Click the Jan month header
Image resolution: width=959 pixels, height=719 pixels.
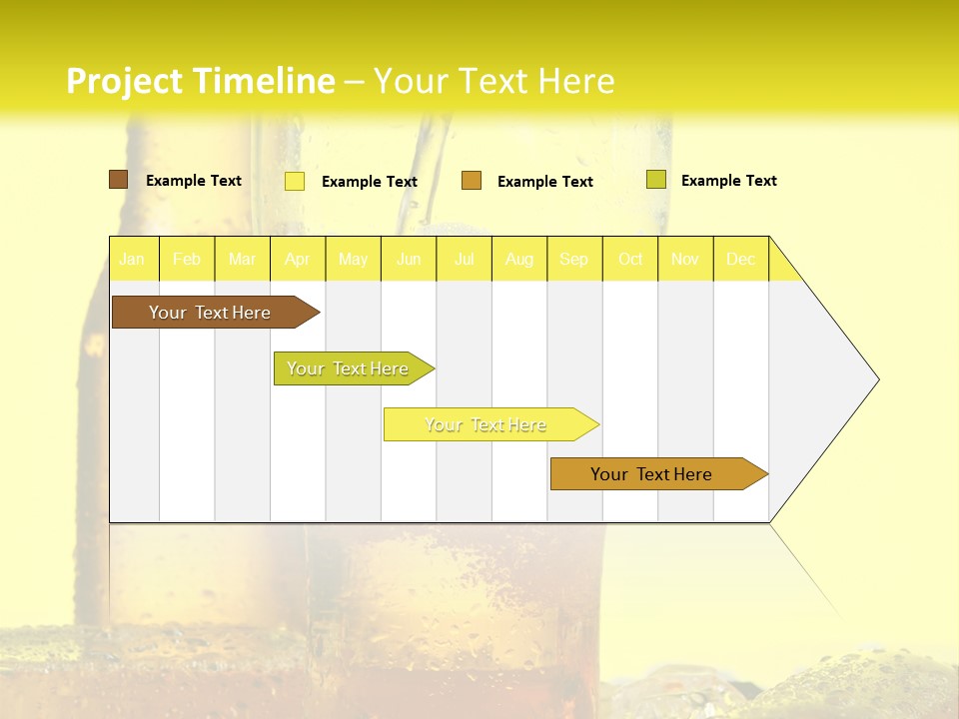(133, 259)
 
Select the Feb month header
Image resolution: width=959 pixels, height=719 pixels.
(187, 259)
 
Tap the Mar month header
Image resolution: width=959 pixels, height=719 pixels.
(242, 259)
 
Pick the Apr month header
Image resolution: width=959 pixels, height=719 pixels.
(298, 259)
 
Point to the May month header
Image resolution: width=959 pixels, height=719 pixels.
(353, 259)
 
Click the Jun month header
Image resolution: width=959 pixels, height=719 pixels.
(409, 259)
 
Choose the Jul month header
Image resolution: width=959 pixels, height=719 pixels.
(464, 259)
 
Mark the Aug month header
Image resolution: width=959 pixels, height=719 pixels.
(519, 259)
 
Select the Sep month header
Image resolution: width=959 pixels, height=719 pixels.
(574, 259)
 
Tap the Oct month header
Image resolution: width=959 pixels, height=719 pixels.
(630, 259)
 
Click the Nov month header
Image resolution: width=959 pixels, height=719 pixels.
(685, 259)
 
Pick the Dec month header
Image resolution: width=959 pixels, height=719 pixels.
(741, 259)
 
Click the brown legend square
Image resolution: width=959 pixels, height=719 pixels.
(118, 180)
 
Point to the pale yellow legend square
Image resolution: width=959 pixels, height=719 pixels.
(295, 181)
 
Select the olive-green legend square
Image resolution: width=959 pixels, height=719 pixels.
(655, 180)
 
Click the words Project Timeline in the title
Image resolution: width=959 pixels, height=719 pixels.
(201, 81)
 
